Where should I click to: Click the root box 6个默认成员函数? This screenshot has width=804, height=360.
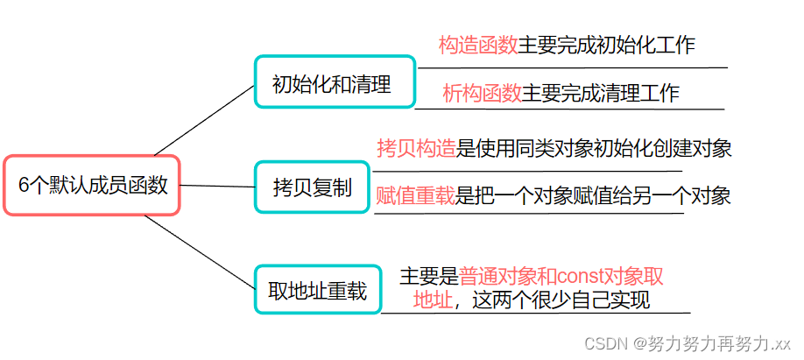point(92,186)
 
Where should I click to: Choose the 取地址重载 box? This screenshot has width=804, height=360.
point(318,289)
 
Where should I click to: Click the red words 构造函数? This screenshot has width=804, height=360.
point(477,46)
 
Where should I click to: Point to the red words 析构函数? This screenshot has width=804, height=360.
point(482,93)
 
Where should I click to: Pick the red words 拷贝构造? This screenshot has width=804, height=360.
point(416,148)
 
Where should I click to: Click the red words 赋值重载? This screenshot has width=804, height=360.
point(415,195)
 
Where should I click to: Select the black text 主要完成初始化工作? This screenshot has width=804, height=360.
point(606,46)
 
